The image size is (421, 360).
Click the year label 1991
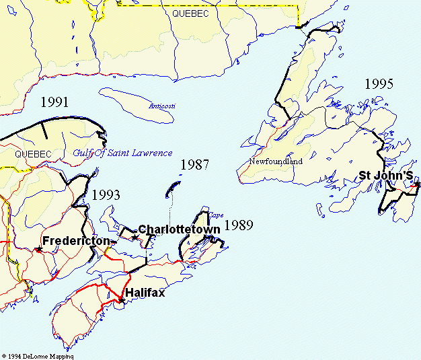tap(54, 103)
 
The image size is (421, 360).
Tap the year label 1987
tap(194, 165)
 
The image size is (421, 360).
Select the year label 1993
tap(106, 195)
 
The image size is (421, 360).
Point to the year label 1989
tap(238, 225)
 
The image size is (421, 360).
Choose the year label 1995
tap(379, 84)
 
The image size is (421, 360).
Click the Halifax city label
tap(145, 293)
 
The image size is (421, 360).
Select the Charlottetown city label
tap(180, 229)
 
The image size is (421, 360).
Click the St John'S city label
tap(385, 175)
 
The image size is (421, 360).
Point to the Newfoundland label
tap(276, 161)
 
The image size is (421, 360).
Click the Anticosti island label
tap(161, 106)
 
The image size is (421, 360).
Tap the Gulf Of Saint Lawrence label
tap(122, 153)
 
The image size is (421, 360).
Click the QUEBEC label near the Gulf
tap(32, 154)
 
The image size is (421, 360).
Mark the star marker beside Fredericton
tap(38, 249)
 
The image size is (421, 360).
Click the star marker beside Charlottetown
tap(135, 238)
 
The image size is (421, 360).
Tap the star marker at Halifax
tap(120, 300)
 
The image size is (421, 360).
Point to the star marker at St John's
tap(417, 184)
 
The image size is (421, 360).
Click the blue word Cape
tap(215, 215)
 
